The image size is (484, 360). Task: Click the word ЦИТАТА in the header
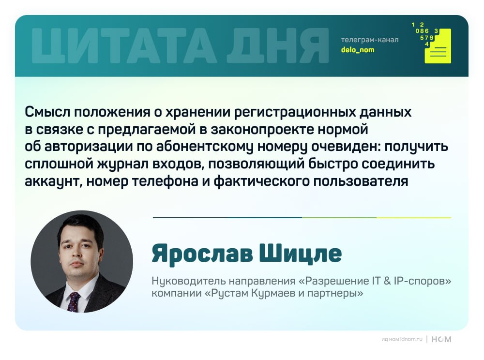pos(124,45)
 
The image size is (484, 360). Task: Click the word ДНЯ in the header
pos(278,45)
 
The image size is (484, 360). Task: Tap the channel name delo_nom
pos(358,50)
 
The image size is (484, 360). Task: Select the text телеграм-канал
pos(370,40)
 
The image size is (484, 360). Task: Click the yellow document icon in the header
pos(438,46)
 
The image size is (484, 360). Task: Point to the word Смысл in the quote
pos(47,112)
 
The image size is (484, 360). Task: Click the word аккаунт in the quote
pos(53,181)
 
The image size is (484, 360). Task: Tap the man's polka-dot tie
pos(73,301)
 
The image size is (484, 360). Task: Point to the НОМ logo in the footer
pos(441,339)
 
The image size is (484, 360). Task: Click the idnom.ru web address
pos(411,339)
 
